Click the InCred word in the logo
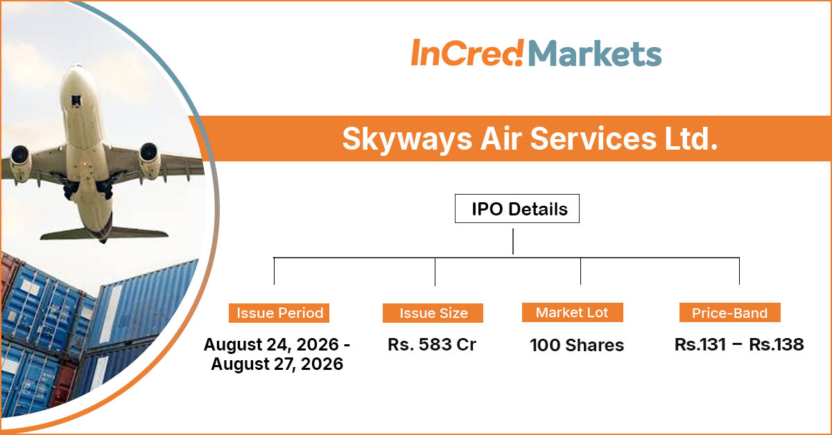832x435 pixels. click(x=467, y=53)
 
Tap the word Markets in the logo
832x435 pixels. click(x=595, y=54)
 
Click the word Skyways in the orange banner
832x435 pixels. click(x=407, y=139)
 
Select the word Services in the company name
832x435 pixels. click(x=593, y=139)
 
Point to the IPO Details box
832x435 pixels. click(x=517, y=208)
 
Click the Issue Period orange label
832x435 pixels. click(x=279, y=313)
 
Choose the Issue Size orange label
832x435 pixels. click(x=433, y=313)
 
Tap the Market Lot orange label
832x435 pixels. click(x=573, y=312)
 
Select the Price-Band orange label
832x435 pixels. click(x=730, y=312)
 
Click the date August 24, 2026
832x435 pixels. click(x=271, y=345)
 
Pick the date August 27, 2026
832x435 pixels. click(x=277, y=364)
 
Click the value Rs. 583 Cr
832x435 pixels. click(x=431, y=344)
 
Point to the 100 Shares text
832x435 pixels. click(x=577, y=345)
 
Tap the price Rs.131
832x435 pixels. click(x=700, y=344)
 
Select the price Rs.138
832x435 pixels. click(x=777, y=344)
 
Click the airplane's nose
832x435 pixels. click(x=78, y=71)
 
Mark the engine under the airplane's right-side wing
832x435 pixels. click(x=150, y=160)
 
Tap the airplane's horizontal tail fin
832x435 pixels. click(x=104, y=234)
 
